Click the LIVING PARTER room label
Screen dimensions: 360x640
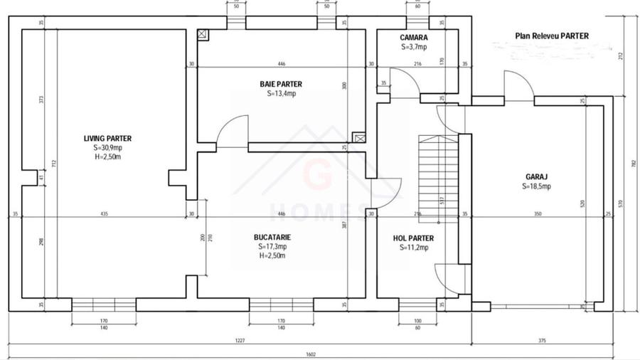(x=107, y=139)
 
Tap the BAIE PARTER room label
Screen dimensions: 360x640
(x=281, y=84)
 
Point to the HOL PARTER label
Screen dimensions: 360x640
(x=413, y=238)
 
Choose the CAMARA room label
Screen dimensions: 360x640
(x=413, y=38)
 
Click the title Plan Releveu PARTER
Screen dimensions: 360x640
(x=552, y=36)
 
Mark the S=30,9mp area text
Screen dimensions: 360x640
(x=107, y=148)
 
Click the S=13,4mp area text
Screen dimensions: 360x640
(x=281, y=93)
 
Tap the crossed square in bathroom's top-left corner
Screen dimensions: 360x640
(x=203, y=33)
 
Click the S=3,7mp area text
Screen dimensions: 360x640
(x=413, y=47)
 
